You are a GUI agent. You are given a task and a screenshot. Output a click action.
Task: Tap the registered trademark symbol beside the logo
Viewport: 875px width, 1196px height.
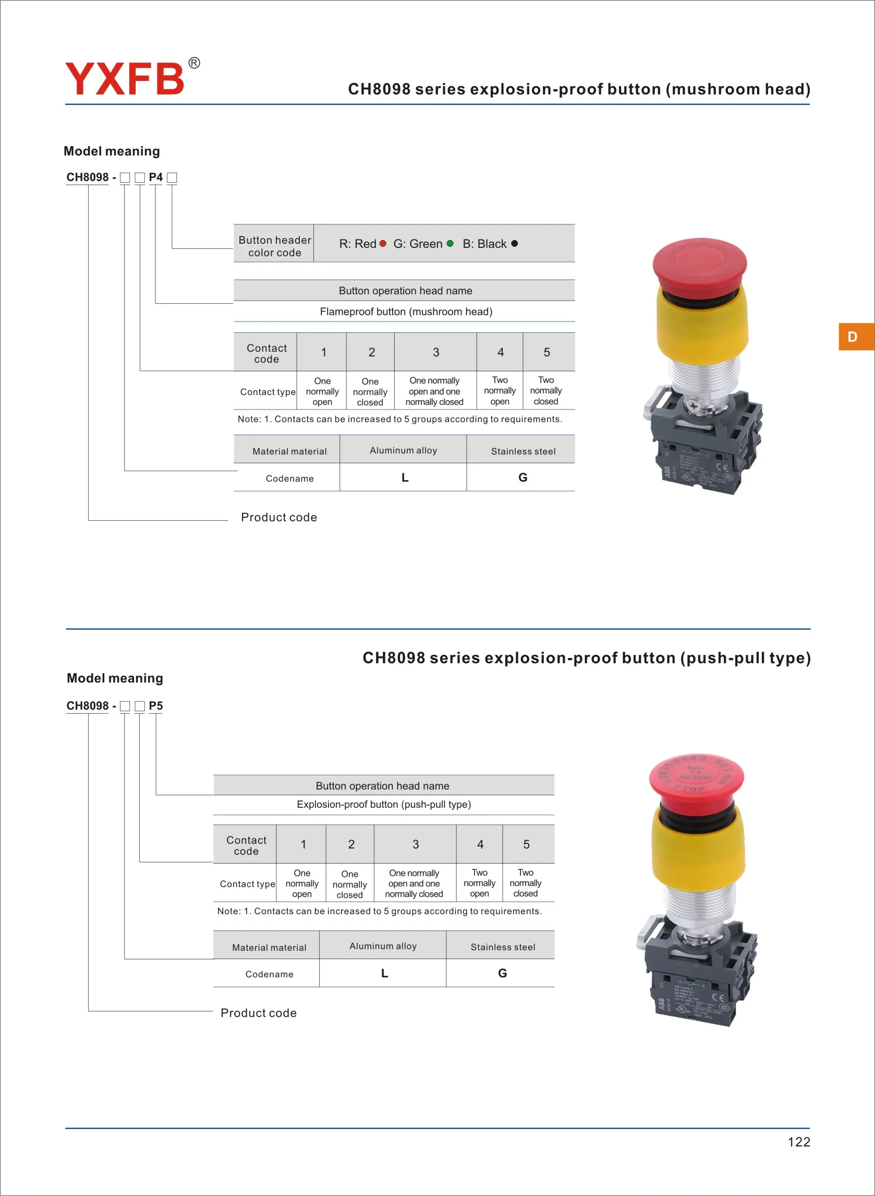(x=195, y=63)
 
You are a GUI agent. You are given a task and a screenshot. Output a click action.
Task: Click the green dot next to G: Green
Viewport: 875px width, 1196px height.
(x=450, y=244)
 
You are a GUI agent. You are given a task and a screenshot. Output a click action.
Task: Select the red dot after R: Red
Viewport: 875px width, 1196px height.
(x=383, y=244)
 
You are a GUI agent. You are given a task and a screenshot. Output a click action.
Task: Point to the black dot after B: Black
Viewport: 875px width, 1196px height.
(x=514, y=244)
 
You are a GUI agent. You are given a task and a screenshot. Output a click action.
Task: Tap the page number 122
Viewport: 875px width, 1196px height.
(x=799, y=1142)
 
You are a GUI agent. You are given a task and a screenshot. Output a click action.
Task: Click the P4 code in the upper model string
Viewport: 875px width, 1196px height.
(x=156, y=177)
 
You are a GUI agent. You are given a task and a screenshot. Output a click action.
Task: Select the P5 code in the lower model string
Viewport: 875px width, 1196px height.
(x=156, y=706)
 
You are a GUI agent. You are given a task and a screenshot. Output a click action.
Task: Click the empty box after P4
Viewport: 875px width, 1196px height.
(x=172, y=178)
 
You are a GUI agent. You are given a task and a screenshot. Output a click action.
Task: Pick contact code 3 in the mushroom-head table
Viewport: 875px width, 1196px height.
(x=436, y=352)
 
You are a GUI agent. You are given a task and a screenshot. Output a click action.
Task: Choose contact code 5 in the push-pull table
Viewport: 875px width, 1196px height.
(x=527, y=844)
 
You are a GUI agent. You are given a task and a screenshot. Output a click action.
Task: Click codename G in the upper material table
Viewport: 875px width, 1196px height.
(x=523, y=478)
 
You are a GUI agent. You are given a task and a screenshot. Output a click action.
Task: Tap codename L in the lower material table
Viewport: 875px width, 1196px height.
(x=384, y=973)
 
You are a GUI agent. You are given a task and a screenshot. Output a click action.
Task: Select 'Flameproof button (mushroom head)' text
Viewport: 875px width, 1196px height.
(x=406, y=312)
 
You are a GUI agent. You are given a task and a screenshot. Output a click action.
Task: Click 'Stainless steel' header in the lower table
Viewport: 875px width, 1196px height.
(x=503, y=947)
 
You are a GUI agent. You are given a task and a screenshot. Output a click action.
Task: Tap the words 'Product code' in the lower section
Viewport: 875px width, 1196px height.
(x=259, y=1013)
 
